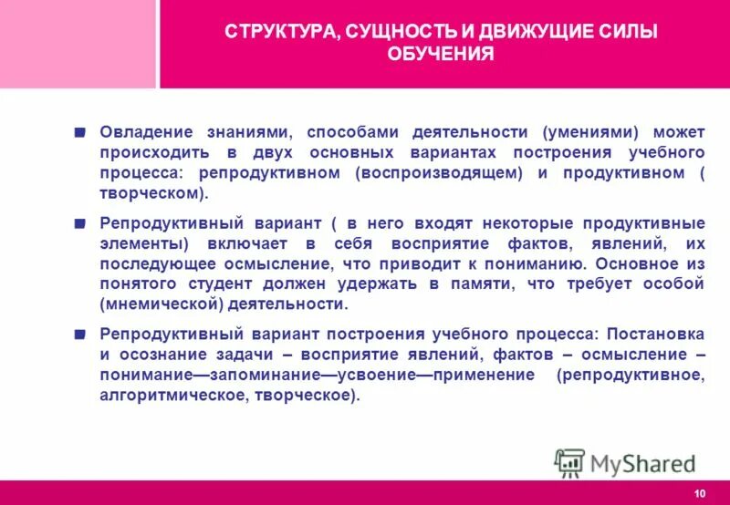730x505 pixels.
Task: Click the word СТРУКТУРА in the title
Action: (x=277, y=33)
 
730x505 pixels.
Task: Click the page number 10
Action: (x=699, y=493)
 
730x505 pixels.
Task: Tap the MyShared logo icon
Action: (x=569, y=463)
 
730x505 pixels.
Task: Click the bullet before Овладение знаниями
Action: (x=81, y=131)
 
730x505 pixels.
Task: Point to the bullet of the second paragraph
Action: (x=81, y=222)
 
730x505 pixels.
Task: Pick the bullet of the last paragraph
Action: (x=81, y=333)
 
